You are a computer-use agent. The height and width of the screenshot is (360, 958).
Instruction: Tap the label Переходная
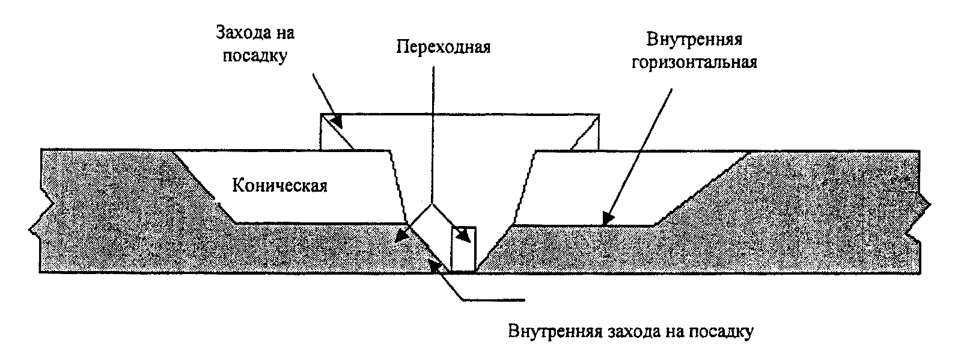click(443, 47)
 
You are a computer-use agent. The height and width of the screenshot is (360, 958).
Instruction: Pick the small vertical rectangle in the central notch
click(463, 249)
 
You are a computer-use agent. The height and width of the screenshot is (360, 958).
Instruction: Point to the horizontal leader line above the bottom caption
click(493, 299)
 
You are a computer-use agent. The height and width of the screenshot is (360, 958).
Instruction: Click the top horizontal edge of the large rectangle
click(460, 114)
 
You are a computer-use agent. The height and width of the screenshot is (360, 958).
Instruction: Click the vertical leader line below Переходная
click(432, 132)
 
